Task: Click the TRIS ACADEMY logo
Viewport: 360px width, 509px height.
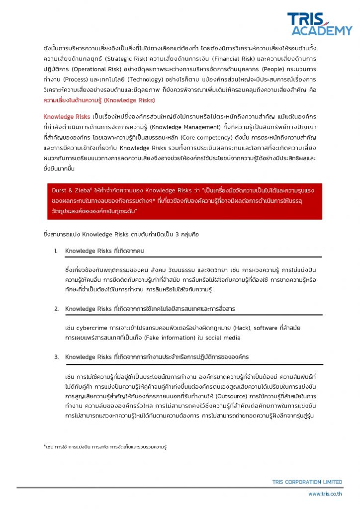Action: [319, 23]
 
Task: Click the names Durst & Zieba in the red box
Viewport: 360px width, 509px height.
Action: [72, 190]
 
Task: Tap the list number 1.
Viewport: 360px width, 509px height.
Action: [56, 251]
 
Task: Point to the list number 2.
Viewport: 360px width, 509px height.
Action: [56, 309]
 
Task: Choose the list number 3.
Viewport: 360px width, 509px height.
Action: [56, 357]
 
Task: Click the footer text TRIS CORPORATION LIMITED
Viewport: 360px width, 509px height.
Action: [307, 482]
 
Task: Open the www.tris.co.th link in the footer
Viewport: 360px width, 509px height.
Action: [325, 494]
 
